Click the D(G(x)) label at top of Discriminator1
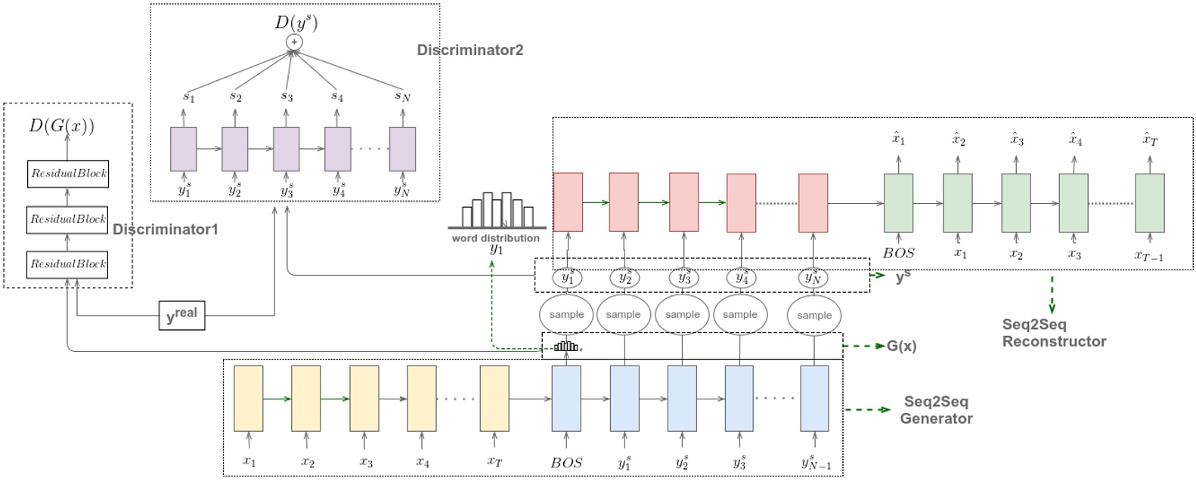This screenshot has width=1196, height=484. click(x=62, y=125)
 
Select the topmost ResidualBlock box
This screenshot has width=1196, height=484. click(x=67, y=173)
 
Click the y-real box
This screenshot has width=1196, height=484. click(x=181, y=315)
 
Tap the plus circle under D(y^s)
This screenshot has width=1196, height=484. click(x=294, y=42)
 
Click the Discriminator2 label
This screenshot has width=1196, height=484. click(x=469, y=51)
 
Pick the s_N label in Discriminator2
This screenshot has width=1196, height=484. click(x=402, y=96)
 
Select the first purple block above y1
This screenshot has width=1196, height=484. click(x=183, y=149)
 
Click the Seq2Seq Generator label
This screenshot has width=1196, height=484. click(x=936, y=410)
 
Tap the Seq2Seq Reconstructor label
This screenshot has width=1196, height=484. click(x=1054, y=333)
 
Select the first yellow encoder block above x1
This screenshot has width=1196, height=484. click(x=249, y=398)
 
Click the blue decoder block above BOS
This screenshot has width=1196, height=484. click(x=566, y=398)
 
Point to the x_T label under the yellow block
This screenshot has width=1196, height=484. click(x=494, y=461)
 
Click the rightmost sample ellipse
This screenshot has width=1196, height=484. click(x=814, y=315)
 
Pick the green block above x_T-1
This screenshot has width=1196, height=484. click(x=1149, y=202)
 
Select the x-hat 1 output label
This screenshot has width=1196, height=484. click(x=898, y=139)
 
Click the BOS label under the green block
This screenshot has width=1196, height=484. click(x=898, y=253)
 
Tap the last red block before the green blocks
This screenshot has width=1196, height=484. click(x=813, y=202)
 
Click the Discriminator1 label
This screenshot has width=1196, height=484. click(x=165, y=230)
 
